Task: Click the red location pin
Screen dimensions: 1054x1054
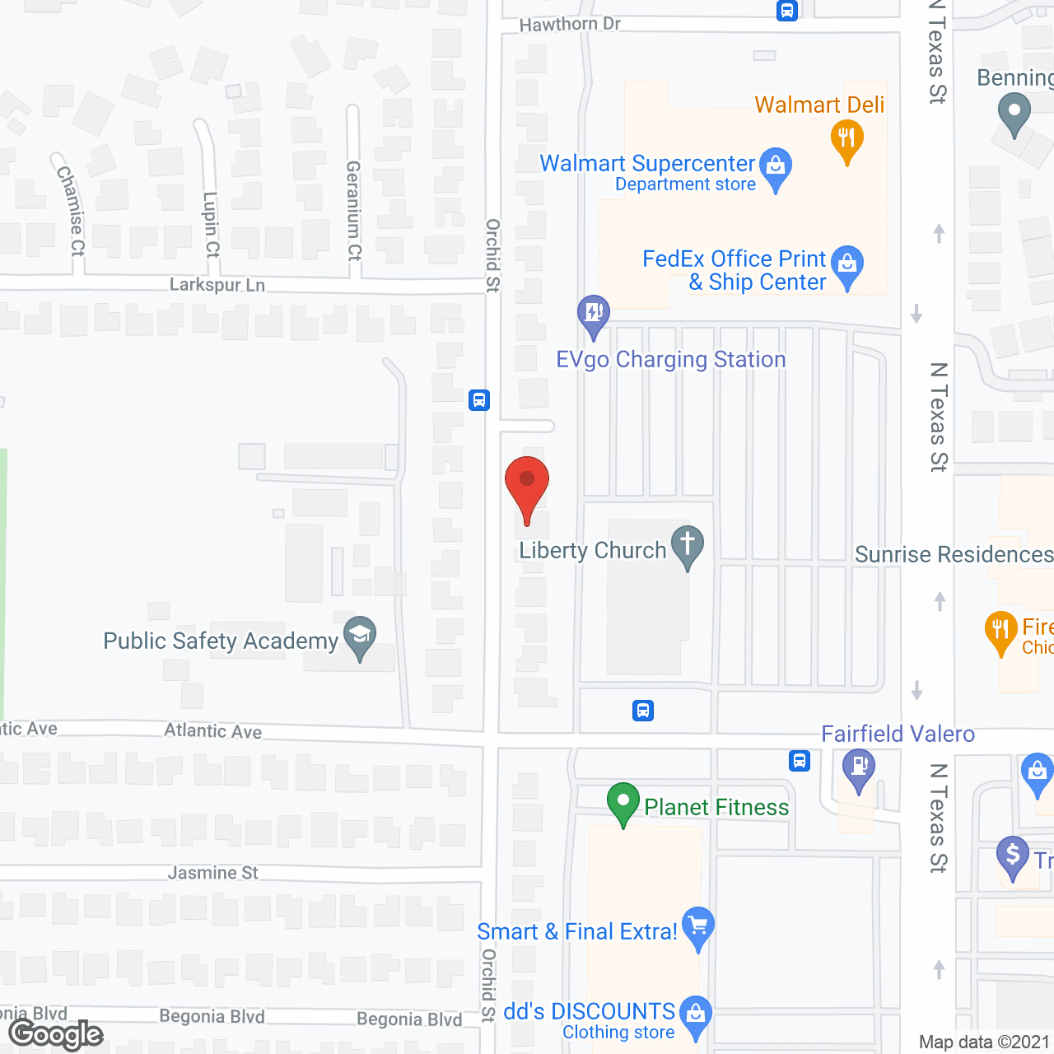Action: pos(527,481)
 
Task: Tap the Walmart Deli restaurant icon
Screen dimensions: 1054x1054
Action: pos(846,139)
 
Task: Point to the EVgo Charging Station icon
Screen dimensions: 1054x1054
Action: pos(594,314)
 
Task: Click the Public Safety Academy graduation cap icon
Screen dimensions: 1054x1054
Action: pos(360,636)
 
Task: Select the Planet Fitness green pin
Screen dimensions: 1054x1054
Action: pos(623,801)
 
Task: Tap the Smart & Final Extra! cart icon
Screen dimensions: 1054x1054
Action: pos(698,926)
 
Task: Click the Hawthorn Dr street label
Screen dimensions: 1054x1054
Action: pos(570,25)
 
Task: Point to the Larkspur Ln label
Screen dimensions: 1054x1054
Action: pos(217,285)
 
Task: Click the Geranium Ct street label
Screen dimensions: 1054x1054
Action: pos(354,211)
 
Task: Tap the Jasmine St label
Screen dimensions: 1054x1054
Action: pos(213,873)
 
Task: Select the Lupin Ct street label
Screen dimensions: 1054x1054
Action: pos(212,224)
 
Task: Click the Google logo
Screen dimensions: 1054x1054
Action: pos(56,1034)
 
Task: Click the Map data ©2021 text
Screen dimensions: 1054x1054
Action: pos(984,1042)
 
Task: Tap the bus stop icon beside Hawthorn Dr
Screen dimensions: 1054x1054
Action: pos(787,11)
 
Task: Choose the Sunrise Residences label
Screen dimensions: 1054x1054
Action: pos(954,555)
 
